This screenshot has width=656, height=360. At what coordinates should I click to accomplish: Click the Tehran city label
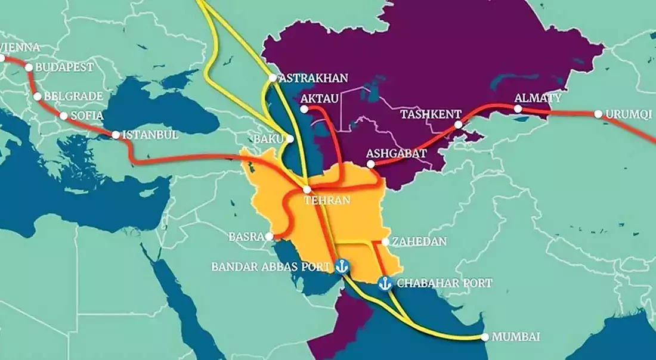tap(327, 201)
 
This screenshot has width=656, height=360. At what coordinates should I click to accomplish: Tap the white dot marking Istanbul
tap(116, 135)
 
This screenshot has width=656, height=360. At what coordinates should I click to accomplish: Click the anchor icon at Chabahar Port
tap(385, 283)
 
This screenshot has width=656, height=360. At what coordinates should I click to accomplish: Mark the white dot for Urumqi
tap(598, 114)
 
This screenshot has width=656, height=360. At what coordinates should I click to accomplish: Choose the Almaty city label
tap(538, 98)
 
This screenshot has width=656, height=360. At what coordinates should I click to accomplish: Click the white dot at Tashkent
tap(458, 125)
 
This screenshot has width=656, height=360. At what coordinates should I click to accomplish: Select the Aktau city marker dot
tap(305, 109)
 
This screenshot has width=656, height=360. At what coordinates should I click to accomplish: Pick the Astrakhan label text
tap(313, 78)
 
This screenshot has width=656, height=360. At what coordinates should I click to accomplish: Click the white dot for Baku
tap(290, 138)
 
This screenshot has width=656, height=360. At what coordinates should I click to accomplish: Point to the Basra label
tap(246, 237)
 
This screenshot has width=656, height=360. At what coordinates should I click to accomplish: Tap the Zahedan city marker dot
tap(386, 242)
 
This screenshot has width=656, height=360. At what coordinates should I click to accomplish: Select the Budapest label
tap(64, 67)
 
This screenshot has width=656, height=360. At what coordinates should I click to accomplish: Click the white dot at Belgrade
tap(38, 96)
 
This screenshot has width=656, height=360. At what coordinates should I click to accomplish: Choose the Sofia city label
tap(86, 116)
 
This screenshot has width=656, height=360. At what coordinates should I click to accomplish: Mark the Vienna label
tap(20, 47)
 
